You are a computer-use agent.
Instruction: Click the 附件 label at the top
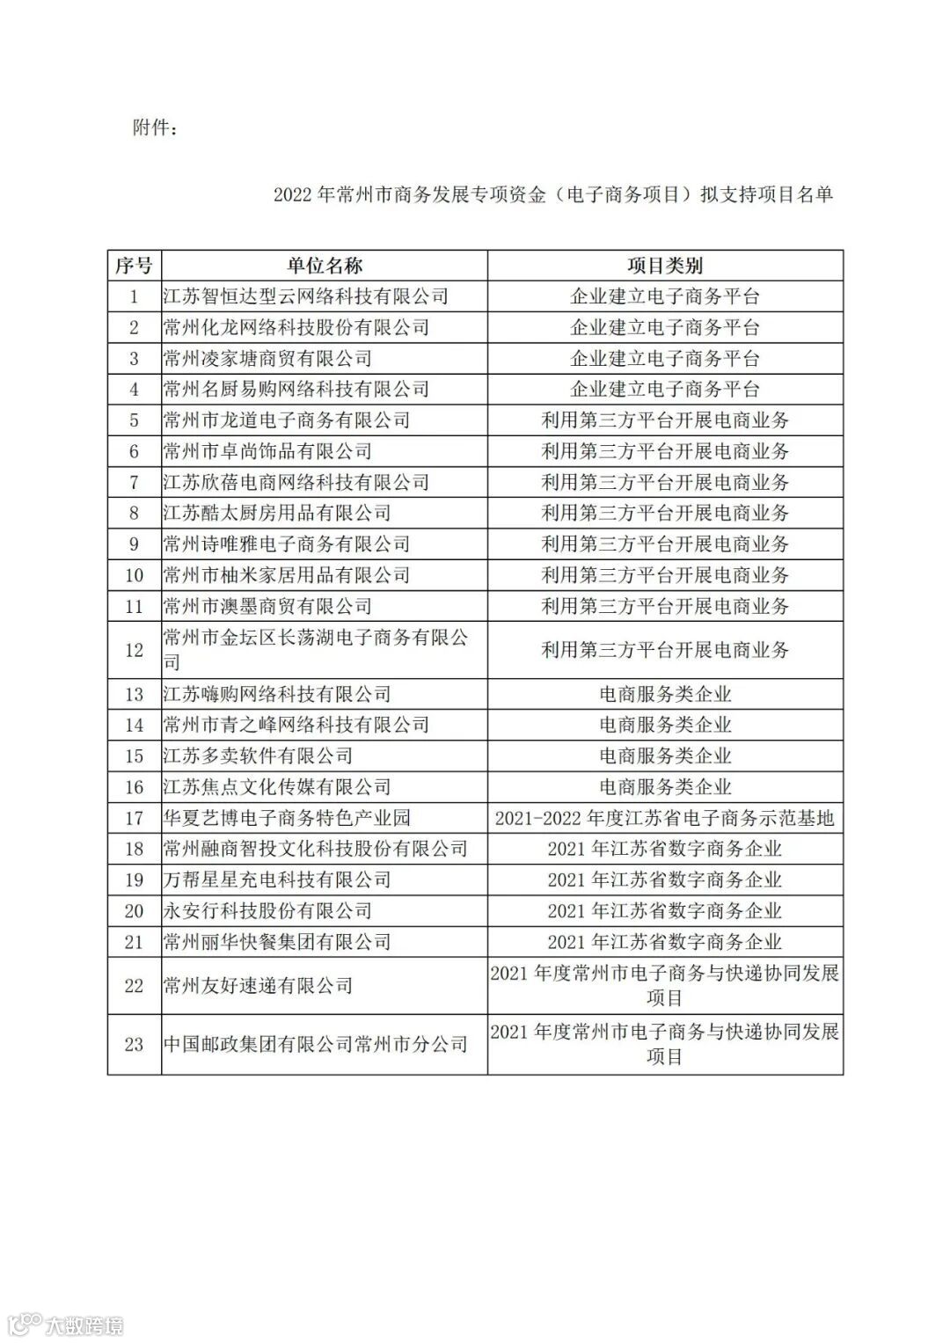pyautogui.click(x=155, y=128)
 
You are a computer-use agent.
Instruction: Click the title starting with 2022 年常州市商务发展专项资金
pyautogui.click(x=552, y=195)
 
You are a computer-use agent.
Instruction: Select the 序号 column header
pyautogui.click(x=134, y=266)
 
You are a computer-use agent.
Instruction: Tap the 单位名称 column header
pyautogui.click(x=324, y=266)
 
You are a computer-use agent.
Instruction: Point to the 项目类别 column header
pyautogui.click(x=665, y=266)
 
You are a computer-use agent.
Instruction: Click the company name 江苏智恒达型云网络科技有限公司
pyautogui.click(x=306, y=297)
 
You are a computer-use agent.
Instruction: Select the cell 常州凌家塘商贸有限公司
pyautogui.click(x=267, y=359)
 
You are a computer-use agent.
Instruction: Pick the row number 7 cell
pyautogui.click(x=134, y=483)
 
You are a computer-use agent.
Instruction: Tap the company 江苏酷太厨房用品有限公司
pyautogui.click(x=277, y=514)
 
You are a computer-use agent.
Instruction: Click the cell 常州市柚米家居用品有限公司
pyautogui.click(x=287, y=575)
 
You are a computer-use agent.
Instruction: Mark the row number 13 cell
pyautogui.click(x=134, y=695)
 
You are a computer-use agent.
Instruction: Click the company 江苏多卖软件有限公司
pyautogui.click(x=258, y=756)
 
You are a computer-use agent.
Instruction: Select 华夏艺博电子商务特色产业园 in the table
pyautogui.click(x=287, y=818)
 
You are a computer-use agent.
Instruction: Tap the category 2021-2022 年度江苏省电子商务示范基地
pyautogui.click(x=665, y=818)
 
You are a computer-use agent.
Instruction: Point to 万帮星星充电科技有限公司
pyautogui.click(x=277, y=880)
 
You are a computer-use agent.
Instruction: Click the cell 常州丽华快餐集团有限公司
pyautogui.click(x=277, y=942)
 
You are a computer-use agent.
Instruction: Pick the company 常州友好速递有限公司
pyautogui.click(x=258, y=986)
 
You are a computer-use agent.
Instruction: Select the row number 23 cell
pyautogui.click(x=134, y=1045)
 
